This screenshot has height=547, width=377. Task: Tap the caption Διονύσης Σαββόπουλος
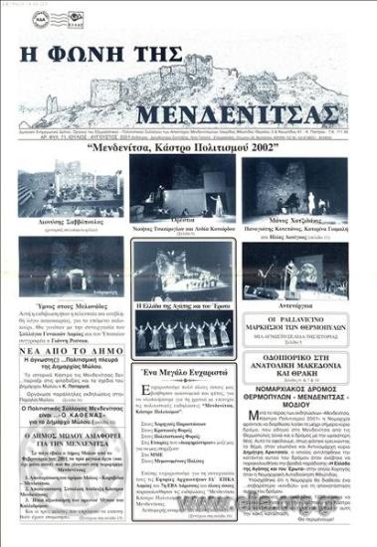coord(69,227)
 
